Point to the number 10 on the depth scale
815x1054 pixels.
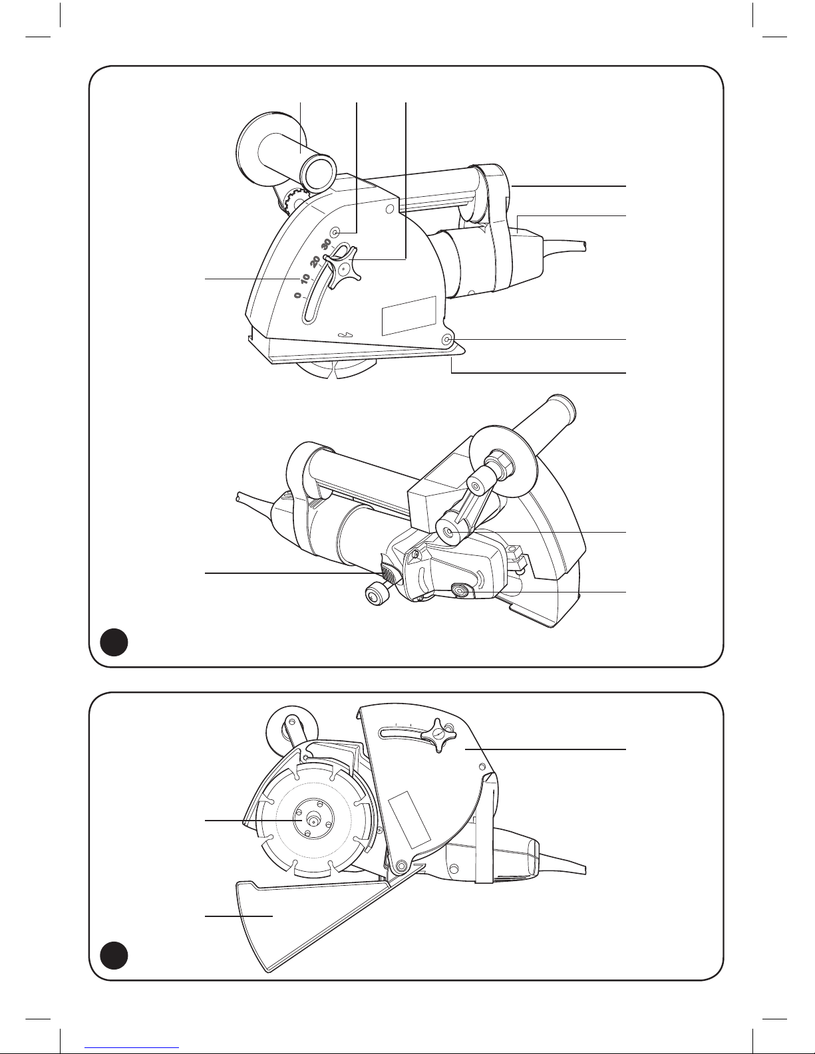pyautogui.click(x=305, y=279)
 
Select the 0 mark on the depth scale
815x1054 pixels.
pyautogui.click(x=297, y=295)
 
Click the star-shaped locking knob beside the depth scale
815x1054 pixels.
pyautogui.click(x=343, y=269)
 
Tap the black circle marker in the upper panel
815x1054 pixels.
pyautogui.click(x=114, y=642)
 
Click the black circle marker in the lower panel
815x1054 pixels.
pyautogui.click(x=114, y=956)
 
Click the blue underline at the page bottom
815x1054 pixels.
pyautogui.click(x=132, y=1047)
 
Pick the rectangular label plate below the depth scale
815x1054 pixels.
pyautogui.click(x=409, y=315)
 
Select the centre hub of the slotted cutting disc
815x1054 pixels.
pyautogui.click(x=313, y=820)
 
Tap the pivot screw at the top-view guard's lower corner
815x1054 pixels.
pyautogui.click(x=447, y=340)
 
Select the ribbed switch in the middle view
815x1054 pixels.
pyautogui.click(x=389, y=575)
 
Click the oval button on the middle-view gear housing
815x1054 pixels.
pyautogui.click(x=460, y=591)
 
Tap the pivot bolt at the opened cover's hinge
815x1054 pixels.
pyautogui.click(x=401, y=864)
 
